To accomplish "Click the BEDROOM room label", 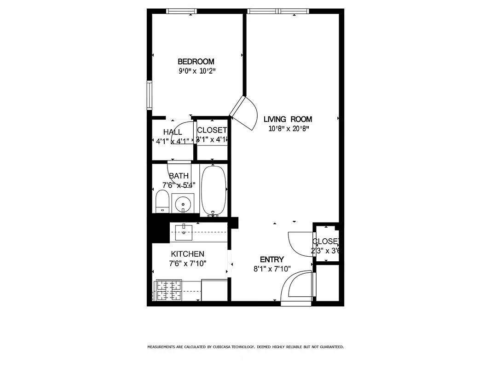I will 196,62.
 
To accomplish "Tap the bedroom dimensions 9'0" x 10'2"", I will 197,71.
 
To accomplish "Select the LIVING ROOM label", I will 288,119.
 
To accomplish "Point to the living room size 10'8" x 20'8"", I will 289,129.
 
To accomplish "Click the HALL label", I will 172,132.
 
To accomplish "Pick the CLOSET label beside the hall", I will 212,130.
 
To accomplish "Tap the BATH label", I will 179,176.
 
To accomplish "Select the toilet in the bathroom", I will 162,202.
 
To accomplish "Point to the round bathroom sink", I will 183,203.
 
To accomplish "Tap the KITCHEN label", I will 187,254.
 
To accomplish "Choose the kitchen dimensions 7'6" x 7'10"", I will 187,264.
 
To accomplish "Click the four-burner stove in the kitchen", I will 168,290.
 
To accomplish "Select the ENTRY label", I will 271,259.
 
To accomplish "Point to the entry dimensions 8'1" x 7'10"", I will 271,269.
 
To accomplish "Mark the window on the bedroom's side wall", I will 149,95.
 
